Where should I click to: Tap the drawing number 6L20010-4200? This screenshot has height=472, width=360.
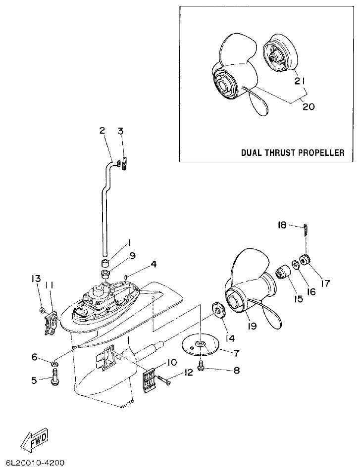click(x=35, y=464)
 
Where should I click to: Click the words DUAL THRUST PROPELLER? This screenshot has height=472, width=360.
click(x=293, y=152)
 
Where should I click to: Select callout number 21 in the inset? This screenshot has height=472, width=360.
click(x=298, y=81)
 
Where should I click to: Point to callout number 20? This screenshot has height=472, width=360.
click(x=308, y=106)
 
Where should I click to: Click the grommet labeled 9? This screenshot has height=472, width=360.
click(x=105, y=274)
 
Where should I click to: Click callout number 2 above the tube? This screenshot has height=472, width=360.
click(x=102, y=131)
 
